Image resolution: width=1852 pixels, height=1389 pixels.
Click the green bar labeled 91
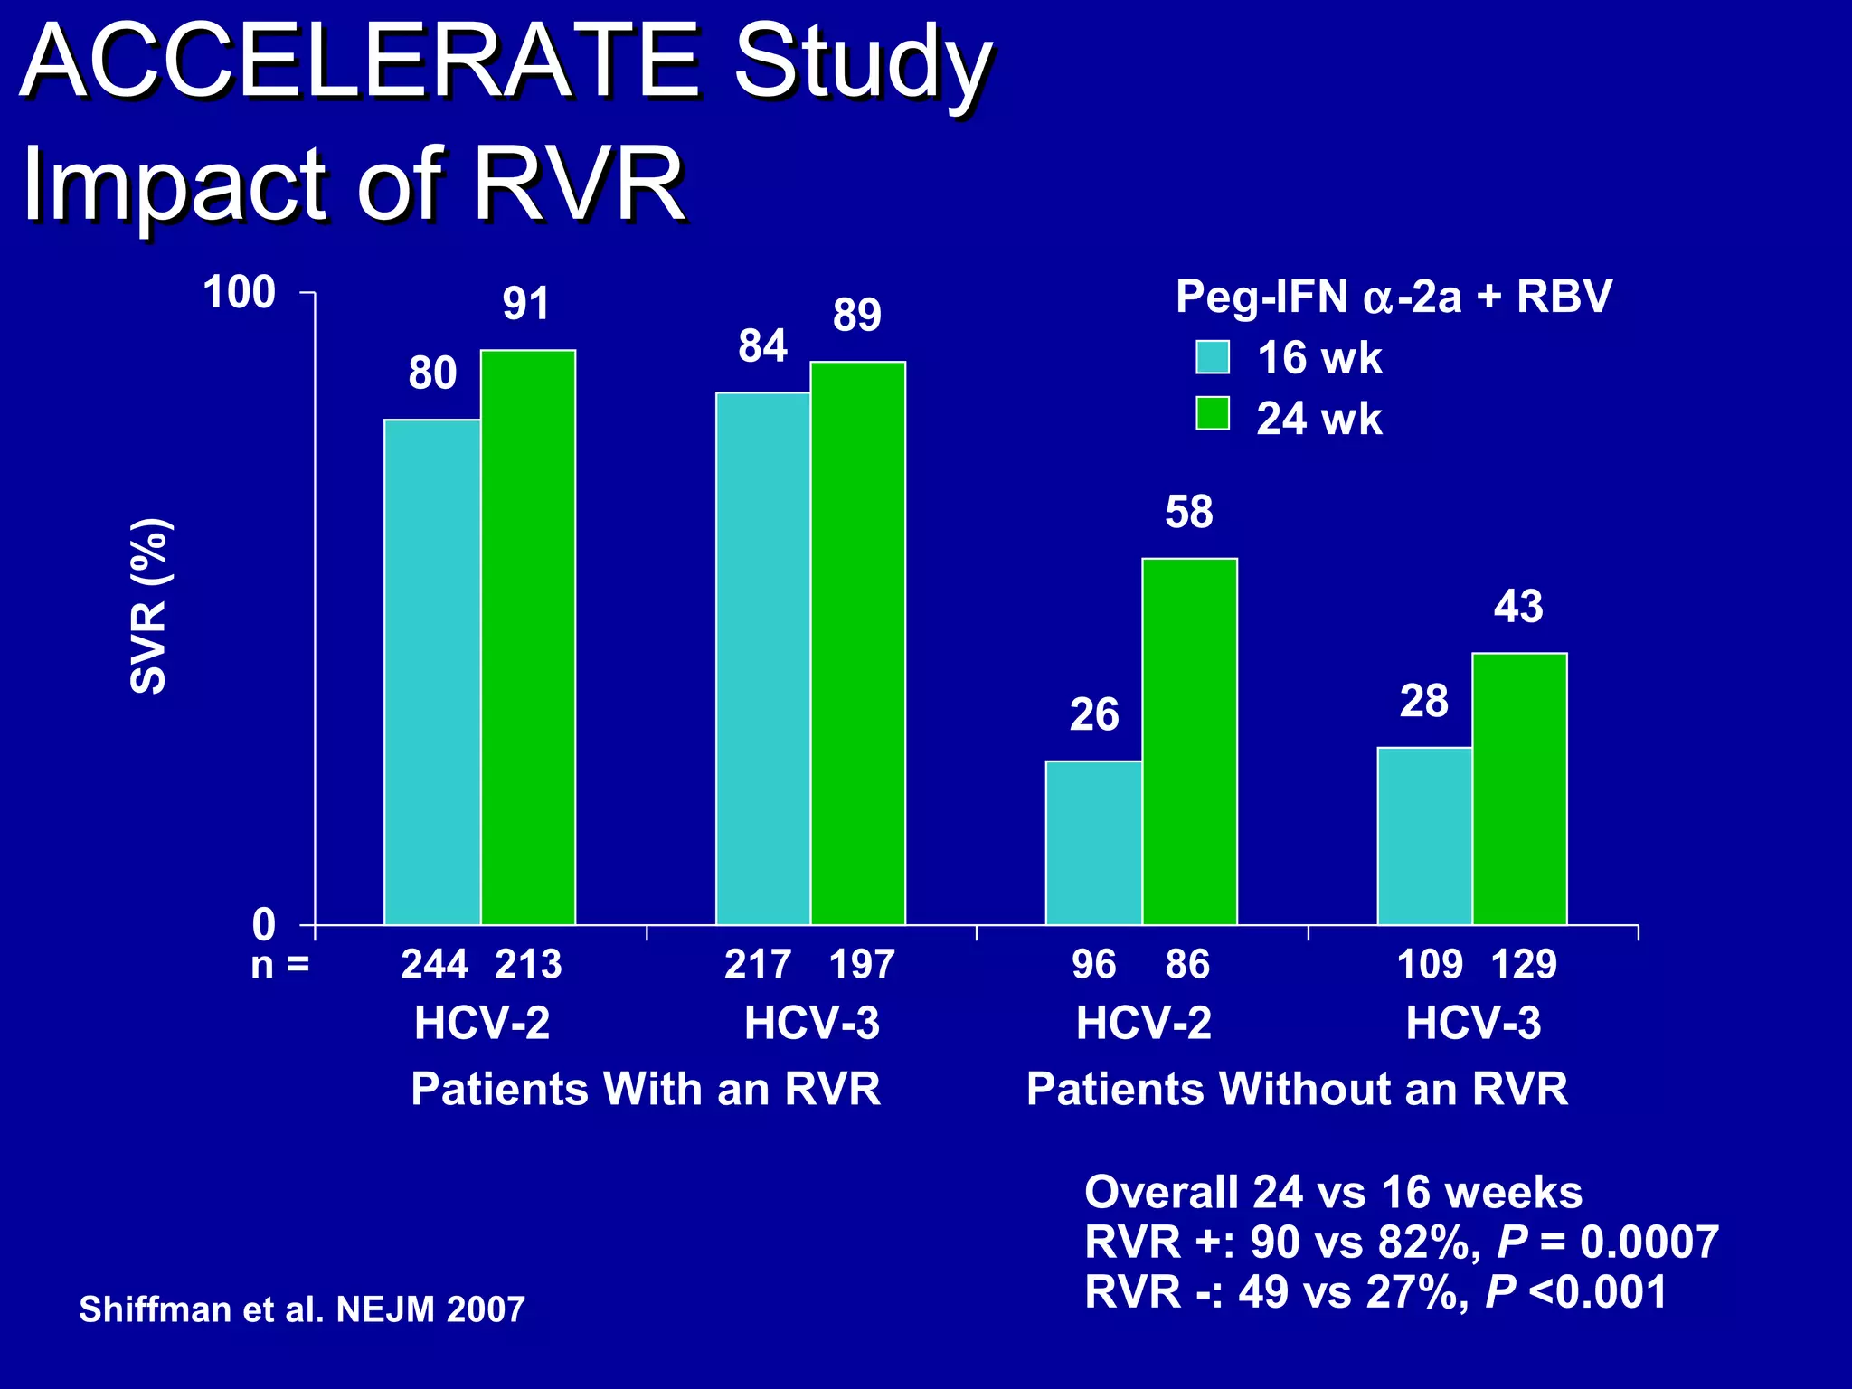click(528, 638)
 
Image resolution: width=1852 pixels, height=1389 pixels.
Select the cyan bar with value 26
click(1093, 843)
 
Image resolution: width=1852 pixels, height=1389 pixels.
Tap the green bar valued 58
click(1189, 742)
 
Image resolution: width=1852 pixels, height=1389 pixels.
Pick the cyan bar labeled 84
click(762, 658)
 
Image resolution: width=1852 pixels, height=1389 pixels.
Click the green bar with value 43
click(1519, 789)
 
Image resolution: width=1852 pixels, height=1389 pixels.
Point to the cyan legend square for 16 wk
click(1212, 357)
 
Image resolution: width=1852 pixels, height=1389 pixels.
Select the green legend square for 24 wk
click(1212, 414)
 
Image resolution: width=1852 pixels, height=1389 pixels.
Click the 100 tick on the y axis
click(240, 293)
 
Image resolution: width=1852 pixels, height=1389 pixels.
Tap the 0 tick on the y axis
click(263, 925)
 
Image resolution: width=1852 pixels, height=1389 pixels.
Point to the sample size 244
click(434, 965)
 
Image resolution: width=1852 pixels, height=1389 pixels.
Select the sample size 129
click(1524, 965)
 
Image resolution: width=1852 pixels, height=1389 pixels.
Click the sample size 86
click(1187, 965)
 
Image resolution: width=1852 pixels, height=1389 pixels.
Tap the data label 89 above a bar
click(856, 315)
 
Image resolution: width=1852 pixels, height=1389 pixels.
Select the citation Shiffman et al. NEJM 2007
click(302, 1309)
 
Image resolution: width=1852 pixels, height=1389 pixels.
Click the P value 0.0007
click(1649, 1242)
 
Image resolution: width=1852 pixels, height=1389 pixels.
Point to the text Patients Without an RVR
click(1297, 1089)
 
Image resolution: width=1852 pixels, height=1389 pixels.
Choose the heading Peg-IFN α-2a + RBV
click(1393, 297)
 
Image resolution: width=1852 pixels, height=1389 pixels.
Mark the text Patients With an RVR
click(646, 1089)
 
